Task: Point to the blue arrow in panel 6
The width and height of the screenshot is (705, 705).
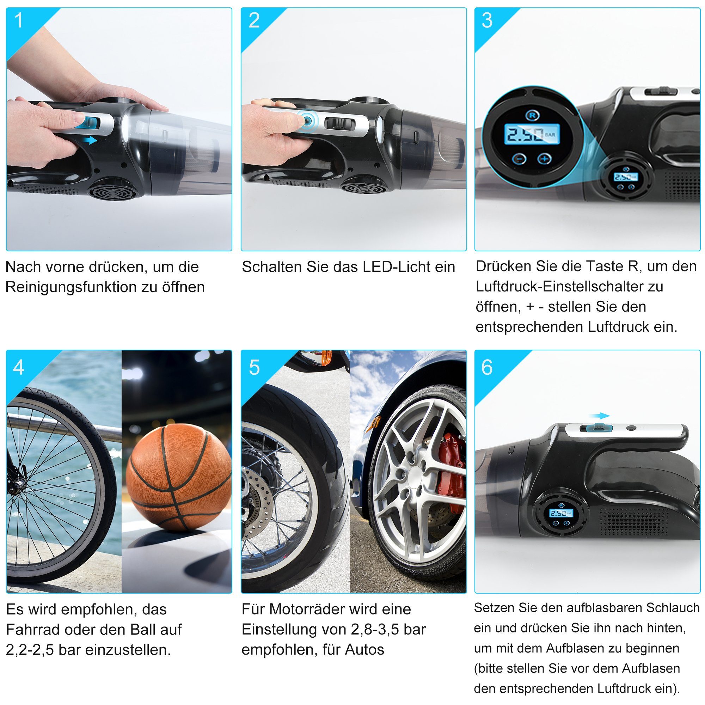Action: [600, 416]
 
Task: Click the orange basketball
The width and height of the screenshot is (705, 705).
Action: [178, 477]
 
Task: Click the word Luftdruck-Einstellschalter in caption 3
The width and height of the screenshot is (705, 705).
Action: [569, 287]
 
